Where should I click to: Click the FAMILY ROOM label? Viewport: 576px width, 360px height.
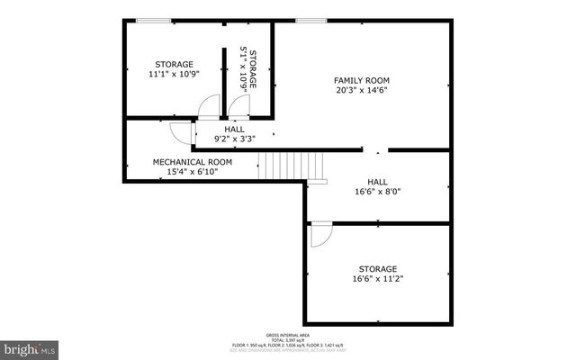(361, 80)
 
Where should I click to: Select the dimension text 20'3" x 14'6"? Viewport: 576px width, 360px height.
(361, 91)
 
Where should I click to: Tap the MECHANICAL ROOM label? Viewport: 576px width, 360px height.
(192, 162)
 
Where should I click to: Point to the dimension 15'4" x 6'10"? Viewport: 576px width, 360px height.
(192, 172)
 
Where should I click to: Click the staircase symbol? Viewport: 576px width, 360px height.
(291, 165)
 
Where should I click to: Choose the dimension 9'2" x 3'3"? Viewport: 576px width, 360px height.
(234, 139)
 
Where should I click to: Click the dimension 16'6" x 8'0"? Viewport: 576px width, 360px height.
(377, 192)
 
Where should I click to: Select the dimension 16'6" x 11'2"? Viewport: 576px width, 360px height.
(377, 279)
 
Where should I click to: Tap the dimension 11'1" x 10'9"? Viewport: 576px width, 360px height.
(174, 76)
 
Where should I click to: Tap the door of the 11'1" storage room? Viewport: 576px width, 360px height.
(209, 105)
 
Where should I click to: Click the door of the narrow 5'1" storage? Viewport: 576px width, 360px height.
(238, 105)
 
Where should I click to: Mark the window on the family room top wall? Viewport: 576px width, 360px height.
(310, 21)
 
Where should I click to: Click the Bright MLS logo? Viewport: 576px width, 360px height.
(30, 346)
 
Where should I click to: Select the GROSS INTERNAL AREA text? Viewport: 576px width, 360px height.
(290, 333)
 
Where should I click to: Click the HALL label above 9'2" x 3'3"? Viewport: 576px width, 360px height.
(234, 129)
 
